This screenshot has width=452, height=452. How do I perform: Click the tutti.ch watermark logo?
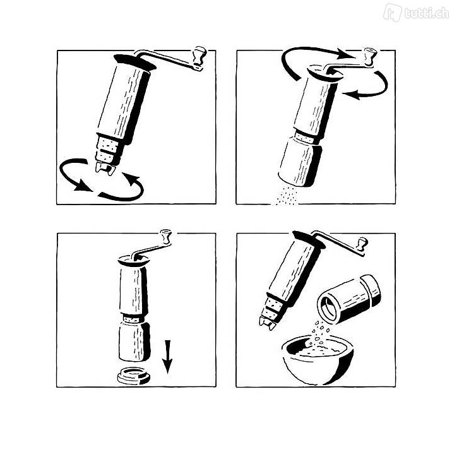pyautogui.click(x=416, y=12)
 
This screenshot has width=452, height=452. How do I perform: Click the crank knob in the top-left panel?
pyautogui.click(x=199, y=56)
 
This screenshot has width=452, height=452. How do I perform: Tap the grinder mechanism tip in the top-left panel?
pyautogui.click(x=105, y=169)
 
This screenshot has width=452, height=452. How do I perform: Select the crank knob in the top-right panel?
pyautogui.click(x=369, y=56)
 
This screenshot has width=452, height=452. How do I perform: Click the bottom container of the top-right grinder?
pyautogui.click(x=300, y=164)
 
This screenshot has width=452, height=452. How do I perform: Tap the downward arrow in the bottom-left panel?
pyautogui.click(x=167, y=357)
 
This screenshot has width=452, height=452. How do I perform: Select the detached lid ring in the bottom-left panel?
pyautogui.click(x=134, y=376)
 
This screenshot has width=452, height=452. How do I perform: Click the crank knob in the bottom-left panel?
pyautogui.click(x=166, y=236)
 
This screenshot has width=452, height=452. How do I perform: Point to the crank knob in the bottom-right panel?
pyautogui.click(x=362, y=244)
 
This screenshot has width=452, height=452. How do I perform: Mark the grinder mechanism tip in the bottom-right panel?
pyautogui.click(x=268, y=323)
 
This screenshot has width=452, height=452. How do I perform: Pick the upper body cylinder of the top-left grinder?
pyautogui.click(x=123, y=103)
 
